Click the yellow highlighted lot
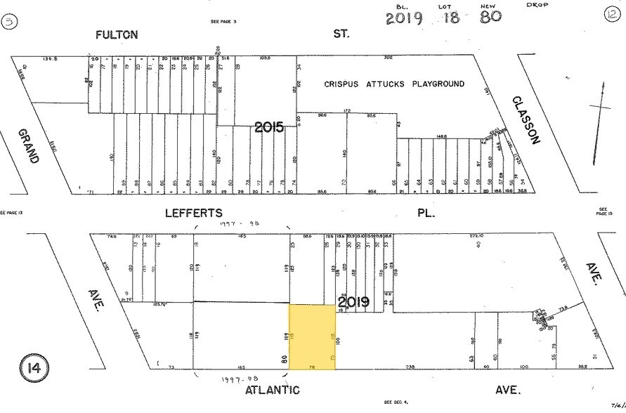(313, 336)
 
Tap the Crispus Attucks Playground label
(394, 84)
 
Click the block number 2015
(269, 127)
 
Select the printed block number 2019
(353, 303)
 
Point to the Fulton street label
(117, 34)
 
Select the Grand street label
(28, 146)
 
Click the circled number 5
(10, 22)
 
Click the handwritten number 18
(450, 17)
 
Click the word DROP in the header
(537, 5)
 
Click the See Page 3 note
(223, 22)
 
